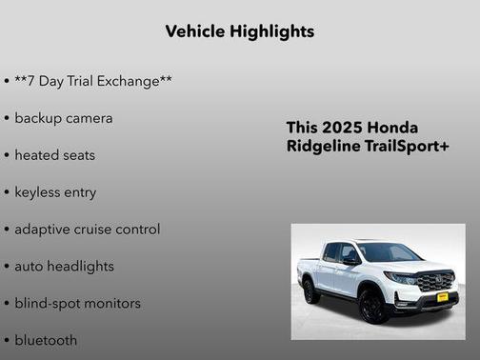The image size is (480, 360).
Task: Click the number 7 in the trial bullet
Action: point(35,81)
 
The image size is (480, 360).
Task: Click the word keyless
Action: point(39,192)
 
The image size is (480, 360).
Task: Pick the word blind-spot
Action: point(49,304)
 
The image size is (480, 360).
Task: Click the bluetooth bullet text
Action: point(46,340)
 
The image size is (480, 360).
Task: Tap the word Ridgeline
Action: point(324,147)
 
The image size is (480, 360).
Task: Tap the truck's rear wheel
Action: point(311,291)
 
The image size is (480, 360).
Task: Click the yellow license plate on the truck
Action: point(442,297)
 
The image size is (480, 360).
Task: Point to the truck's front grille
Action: point(437,281)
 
